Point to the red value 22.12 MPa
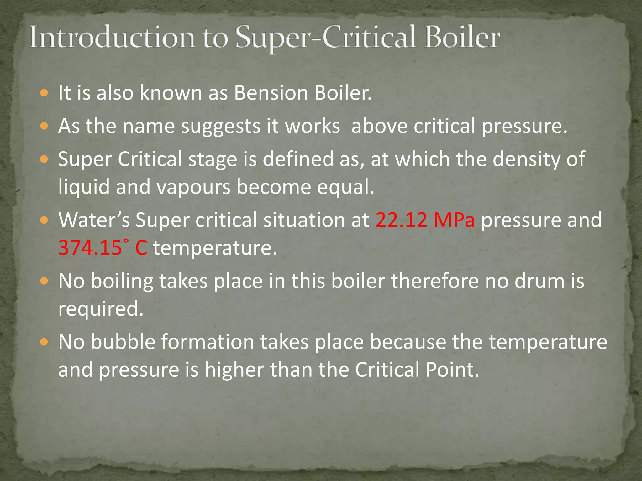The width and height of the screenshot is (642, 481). click(x=425, y=220)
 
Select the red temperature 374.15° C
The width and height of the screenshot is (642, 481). click(x=103, y=248)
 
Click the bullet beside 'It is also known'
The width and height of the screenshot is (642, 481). click(x=44, y=93)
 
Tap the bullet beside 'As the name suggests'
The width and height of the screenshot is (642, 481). click(x=44, y=126)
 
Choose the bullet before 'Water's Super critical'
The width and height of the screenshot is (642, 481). click(x=44, y=220)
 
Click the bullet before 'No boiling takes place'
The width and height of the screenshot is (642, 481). click(x=44, y=281)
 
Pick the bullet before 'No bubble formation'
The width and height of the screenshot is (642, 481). click(x=44, y=342)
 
